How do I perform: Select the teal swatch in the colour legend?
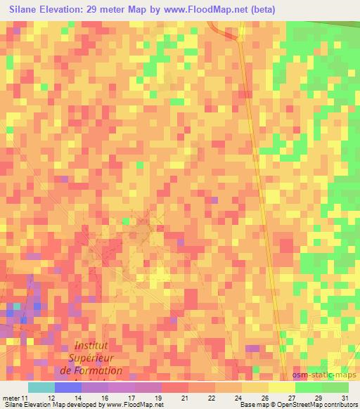pos(41,387)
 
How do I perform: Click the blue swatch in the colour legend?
pos(67,387)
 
